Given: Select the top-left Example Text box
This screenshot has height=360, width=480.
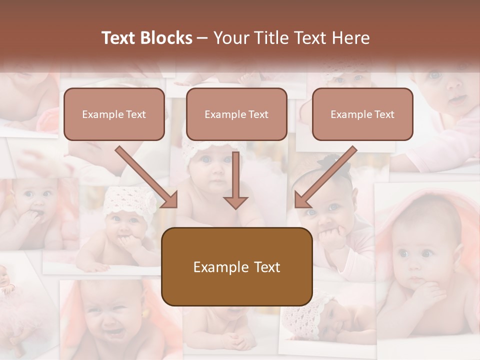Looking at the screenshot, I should point(114,114).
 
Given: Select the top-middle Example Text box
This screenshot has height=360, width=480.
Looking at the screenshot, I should point(236,114).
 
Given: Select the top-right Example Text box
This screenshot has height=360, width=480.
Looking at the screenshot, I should point(362,114).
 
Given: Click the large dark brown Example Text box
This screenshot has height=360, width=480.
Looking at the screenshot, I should point(236,266).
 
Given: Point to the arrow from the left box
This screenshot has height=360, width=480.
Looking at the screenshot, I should point(146,177).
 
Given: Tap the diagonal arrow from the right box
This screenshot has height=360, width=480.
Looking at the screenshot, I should point(326,177).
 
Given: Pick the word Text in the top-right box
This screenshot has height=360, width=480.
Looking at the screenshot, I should point(384,114).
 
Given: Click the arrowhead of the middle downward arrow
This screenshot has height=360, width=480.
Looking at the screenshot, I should point(235,202).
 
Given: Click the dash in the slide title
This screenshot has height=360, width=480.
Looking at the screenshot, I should point(202,38).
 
